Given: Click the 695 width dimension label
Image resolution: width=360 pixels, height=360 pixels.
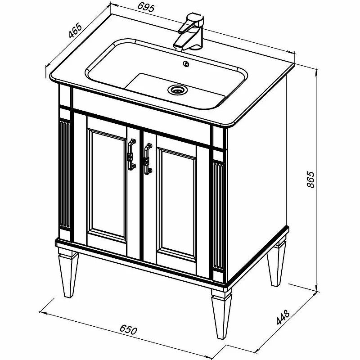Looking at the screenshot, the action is point(147,8).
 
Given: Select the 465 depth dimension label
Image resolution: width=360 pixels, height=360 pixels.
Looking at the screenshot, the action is point(75,30).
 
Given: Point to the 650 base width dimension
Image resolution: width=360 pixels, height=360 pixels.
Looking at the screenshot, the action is point(128,330).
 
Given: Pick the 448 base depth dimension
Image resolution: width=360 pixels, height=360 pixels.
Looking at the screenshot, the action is point(283,317).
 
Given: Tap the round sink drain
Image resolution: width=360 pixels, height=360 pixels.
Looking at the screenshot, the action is point(177,89).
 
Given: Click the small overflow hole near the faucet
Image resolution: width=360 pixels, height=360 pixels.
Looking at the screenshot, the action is point(186,64).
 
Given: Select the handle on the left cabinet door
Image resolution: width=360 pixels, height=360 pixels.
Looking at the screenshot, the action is point(131,155).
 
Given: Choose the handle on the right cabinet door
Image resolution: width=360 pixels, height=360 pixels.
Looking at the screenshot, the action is point(148,159).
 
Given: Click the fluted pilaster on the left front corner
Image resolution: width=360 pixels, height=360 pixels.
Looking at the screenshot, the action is point(65,175).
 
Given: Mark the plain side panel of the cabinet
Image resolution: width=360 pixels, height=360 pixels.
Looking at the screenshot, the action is point(256,179).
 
